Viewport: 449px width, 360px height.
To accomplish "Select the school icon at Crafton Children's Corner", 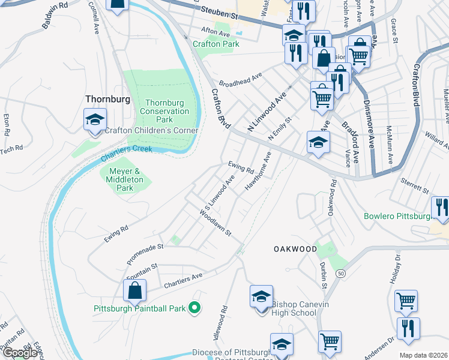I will [x=95, y=120].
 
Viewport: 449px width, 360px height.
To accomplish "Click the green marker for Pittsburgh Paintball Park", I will [x=194, y=309].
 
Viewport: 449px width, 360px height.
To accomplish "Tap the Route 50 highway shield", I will [x=342, y=274].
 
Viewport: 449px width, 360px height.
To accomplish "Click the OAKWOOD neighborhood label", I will [x=295, y=248].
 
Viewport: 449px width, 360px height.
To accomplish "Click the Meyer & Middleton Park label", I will [x=124, y=179].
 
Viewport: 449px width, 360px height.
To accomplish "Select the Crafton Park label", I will [x=216, y=44].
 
